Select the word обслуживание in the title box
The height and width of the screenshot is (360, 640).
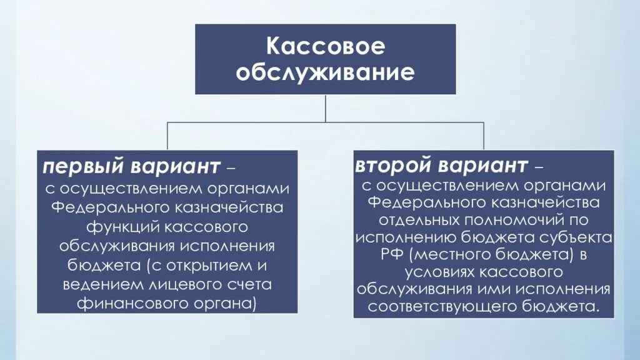coord(325,72)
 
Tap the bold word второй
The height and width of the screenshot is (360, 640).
coord(394,166)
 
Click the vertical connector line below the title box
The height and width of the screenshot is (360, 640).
coord(326,108)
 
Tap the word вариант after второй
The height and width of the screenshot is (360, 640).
coord(483,166)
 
